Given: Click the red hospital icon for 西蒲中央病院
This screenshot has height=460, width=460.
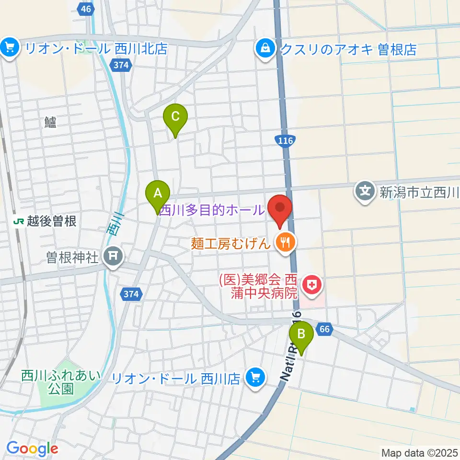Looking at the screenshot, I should point(312,286).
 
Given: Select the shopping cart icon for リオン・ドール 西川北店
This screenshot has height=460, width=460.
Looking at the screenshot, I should point(9,48).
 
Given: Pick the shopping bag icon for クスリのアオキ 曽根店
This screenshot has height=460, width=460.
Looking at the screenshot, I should point(264,48).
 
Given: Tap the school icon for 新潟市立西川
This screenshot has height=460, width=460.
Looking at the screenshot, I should point(365,193).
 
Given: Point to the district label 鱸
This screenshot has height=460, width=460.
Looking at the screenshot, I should point(50,123).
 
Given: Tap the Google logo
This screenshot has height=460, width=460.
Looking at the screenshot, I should point(32,449).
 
